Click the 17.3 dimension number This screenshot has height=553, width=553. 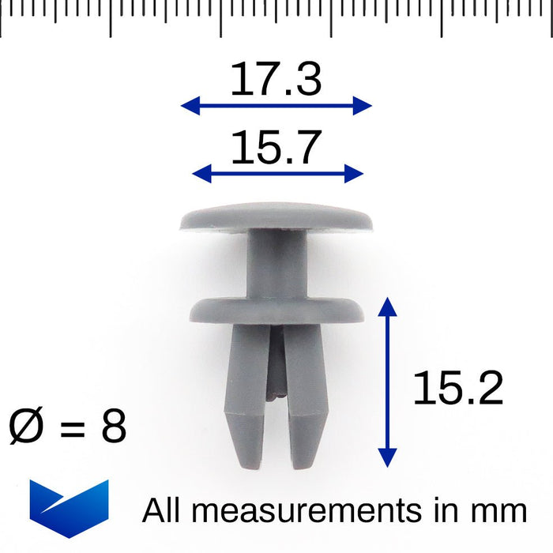[276, 79]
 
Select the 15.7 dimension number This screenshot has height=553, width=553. [276, 147]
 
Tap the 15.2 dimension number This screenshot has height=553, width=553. [457, 388]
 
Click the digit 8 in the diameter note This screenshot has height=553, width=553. [114, 426]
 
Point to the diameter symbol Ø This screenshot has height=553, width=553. [26, 426]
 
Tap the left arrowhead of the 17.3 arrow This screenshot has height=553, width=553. [190, 105]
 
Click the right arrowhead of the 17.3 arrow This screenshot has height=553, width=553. [363, 105]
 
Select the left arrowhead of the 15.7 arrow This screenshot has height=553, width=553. [201, 174]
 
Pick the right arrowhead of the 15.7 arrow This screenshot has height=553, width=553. [354, 174]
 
